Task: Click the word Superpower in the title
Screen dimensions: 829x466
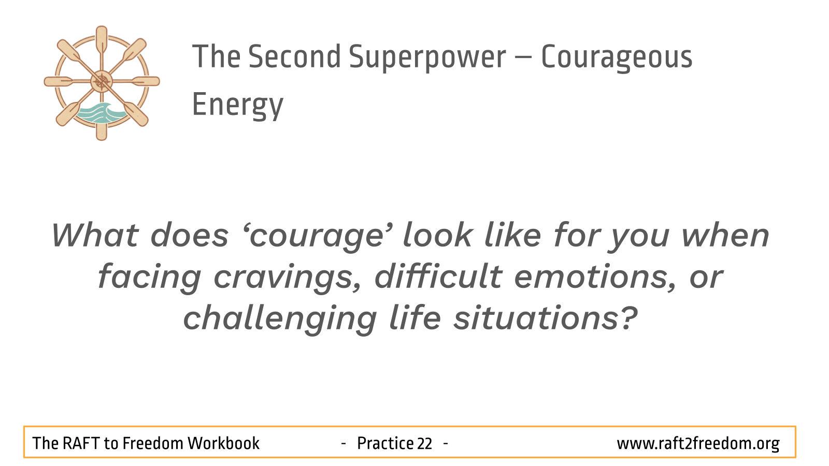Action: tap(427, 57)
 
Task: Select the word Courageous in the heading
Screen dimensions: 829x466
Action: tap(617, 57)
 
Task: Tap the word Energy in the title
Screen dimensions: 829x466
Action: tap(238, 106)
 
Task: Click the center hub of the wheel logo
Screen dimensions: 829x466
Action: tap(102, 81)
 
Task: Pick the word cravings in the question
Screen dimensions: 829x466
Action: tap(287, 278)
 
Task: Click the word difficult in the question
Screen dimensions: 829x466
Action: tap(438, 276)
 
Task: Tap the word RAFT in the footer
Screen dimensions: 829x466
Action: tap(81, 443)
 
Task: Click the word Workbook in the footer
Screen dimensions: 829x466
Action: tap(223, 443)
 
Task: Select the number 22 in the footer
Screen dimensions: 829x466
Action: tap(424, 444)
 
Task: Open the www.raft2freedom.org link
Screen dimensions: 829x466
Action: tap(698, 444)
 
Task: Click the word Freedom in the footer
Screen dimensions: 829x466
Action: tap(153, 443)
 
